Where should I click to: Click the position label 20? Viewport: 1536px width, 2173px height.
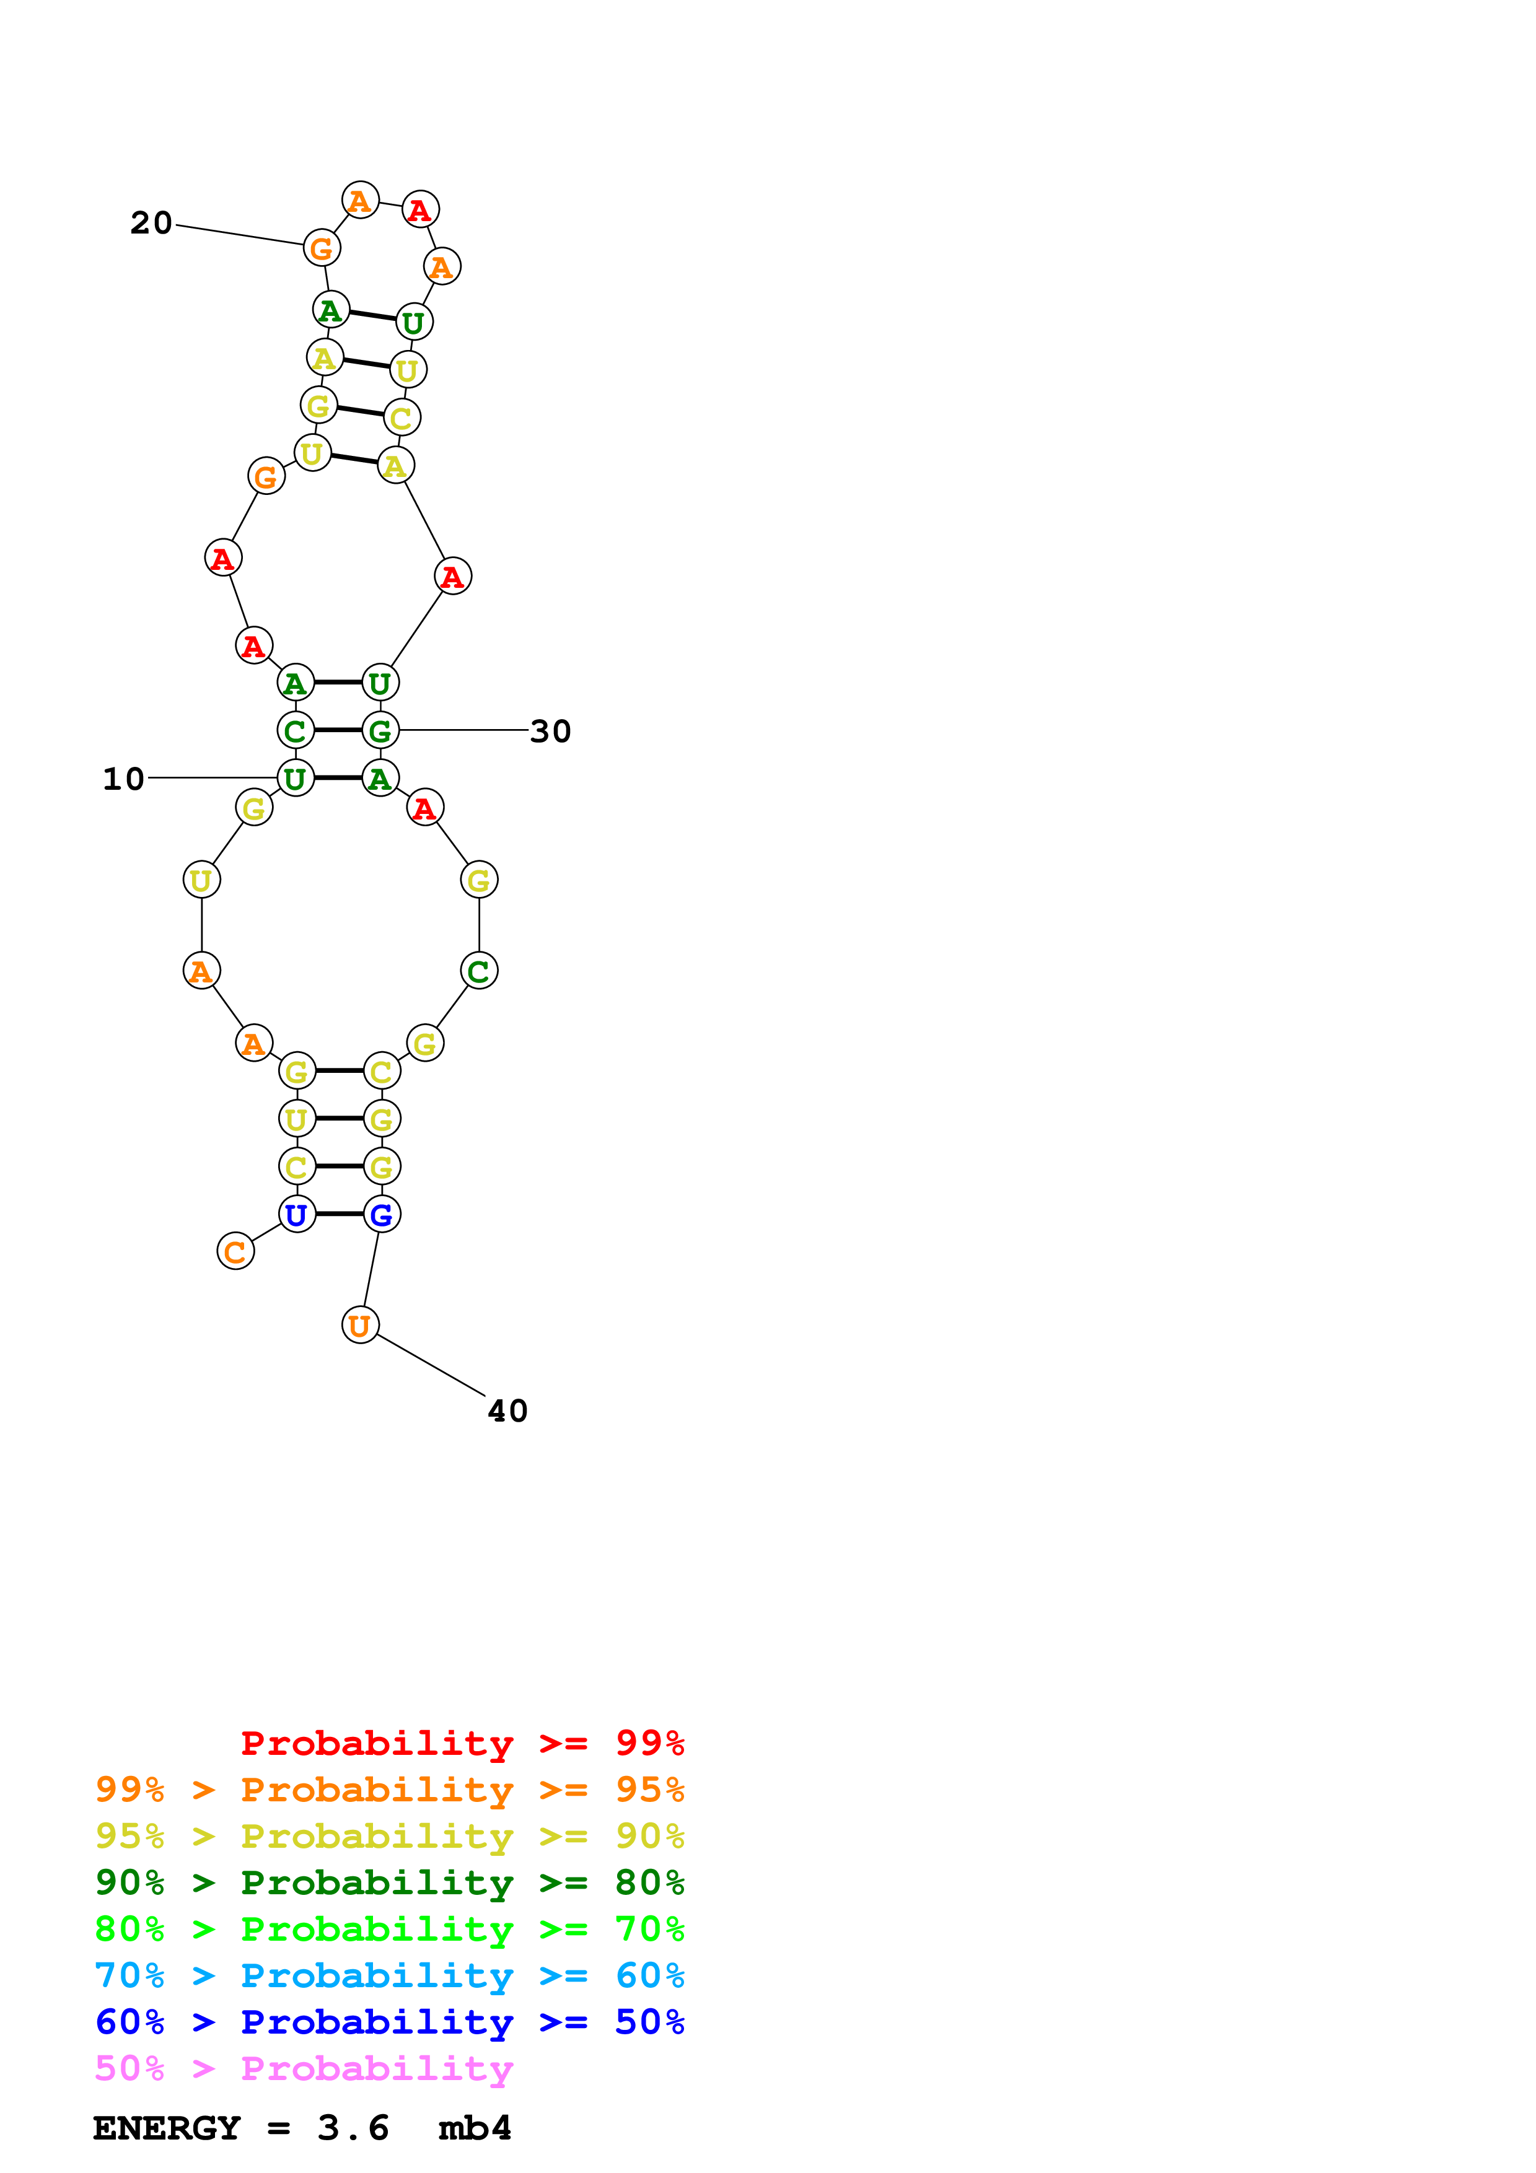tap(151, 224)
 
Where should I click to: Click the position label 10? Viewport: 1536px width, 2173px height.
tap(123, 779)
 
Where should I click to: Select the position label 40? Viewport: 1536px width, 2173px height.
tap(507, 1411)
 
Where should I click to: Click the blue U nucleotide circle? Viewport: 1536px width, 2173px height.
tap(296, 1214)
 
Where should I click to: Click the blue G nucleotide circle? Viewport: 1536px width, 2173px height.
tap(382, 1214)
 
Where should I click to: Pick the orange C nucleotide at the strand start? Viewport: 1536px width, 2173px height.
tap(235, 1251)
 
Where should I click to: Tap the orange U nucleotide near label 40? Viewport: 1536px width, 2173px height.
tap(359, 1325)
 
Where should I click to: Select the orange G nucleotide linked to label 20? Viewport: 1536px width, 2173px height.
tap(322, 248)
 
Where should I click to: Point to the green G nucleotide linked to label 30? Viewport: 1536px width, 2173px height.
tap(380, 731)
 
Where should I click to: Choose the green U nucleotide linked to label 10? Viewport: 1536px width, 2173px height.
tap(296, 778)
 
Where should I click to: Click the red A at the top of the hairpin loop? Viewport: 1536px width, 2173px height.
tap(420, 209)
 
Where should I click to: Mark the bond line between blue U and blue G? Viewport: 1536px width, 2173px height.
tap(339, 1214)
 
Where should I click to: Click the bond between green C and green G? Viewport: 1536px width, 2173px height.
tap(338, 731)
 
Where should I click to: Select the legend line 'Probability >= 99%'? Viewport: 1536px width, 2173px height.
tap(462, 1743)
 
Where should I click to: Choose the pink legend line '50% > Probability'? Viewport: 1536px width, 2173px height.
tap(304, 2069)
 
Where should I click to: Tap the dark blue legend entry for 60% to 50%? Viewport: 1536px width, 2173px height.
tap(389, 2022)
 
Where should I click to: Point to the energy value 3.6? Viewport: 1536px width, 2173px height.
tap(353, 2128)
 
